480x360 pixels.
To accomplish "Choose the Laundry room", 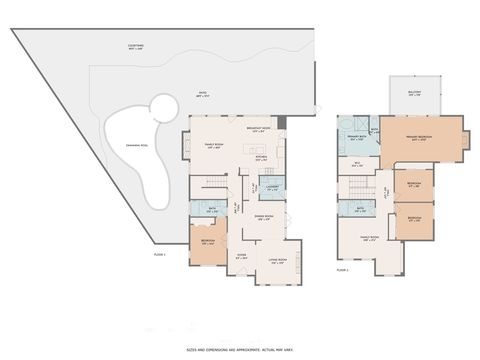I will coord(271,187).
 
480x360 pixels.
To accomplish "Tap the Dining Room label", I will coord(264,220).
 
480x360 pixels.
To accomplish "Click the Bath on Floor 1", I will coord(212,210).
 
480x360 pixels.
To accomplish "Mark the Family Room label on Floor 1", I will coord(213,147).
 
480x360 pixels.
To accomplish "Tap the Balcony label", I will coord(413,93).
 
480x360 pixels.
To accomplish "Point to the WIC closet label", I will coord(356,163).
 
